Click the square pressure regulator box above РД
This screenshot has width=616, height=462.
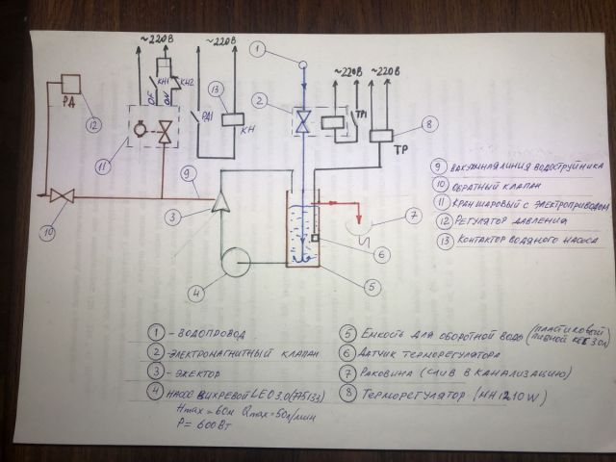69,84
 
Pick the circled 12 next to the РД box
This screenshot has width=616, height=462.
90,123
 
